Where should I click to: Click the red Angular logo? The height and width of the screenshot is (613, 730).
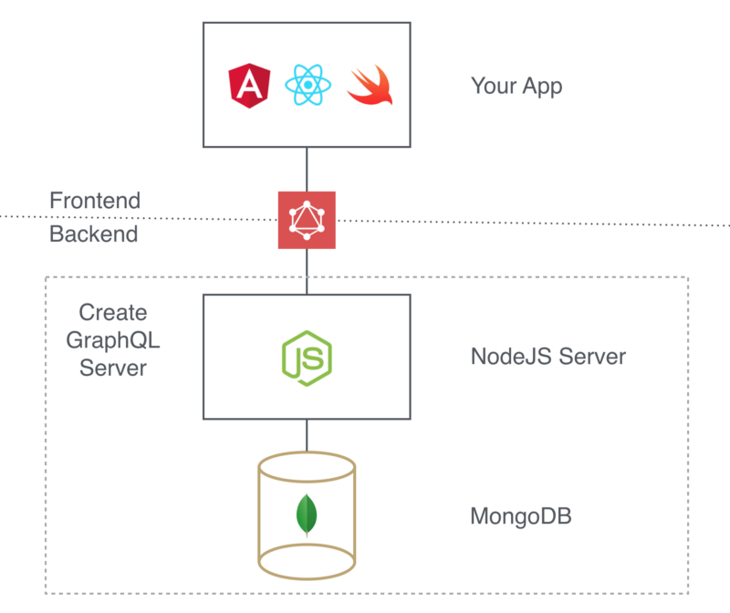click(249, 86)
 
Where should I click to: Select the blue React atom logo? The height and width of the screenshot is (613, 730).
click(308, 86)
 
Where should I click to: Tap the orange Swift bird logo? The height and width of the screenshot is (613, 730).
click(369, 86)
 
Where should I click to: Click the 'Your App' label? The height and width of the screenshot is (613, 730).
click(516, 87)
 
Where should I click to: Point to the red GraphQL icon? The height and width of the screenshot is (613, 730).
click(307, 220)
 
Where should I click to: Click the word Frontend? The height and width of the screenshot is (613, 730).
click(95, 200)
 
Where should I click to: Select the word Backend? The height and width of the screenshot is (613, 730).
click(93, 234)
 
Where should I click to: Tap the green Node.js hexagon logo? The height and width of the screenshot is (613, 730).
click(307, 356)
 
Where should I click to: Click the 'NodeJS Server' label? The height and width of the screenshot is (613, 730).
click(548, 356)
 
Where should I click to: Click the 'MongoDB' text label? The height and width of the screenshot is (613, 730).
click(521, 517)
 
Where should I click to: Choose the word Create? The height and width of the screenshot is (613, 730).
click(112, 313)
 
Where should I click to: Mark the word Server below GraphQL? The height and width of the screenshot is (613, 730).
click(112, 369)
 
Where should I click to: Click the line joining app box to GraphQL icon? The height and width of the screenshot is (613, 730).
click(307, 169)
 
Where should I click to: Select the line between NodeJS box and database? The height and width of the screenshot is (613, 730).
click(307, 436)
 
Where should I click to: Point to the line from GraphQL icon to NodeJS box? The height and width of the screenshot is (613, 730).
click(307, 271)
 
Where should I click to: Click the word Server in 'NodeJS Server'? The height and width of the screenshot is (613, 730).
click(593, 356)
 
